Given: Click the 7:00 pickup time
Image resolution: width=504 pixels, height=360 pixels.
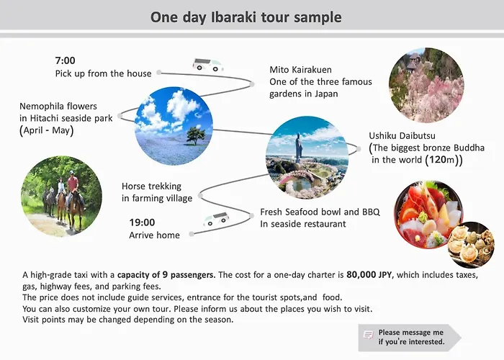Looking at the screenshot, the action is (66, 60).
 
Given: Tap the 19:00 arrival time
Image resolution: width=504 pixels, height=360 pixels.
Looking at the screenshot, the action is (142, 222).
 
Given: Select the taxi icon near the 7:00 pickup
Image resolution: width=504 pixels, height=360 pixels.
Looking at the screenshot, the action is (208, 65).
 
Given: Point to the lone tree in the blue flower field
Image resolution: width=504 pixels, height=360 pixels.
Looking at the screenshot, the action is (195, 135).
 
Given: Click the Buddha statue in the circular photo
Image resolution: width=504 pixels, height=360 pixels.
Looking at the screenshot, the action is (300, 148).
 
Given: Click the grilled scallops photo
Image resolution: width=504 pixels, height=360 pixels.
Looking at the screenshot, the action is (471, 245).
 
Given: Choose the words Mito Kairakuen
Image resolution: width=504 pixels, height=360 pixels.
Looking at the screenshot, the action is (300, 70).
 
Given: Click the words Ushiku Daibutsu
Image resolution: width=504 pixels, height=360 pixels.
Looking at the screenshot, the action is (402, 135).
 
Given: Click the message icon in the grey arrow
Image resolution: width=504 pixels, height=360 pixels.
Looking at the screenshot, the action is (369, 335).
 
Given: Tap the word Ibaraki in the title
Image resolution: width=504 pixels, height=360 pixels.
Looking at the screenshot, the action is (234, 17).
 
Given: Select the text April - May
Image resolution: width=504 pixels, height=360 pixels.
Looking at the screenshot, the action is (47, 130).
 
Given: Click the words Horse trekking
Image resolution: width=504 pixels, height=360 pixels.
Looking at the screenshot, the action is (151, 186).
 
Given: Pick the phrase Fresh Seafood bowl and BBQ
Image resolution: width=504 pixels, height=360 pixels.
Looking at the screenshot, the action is (320, 212).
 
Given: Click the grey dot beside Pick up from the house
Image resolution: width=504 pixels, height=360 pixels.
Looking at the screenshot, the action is (159, 73).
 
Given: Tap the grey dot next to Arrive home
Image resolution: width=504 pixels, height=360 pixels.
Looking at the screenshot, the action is (192, 234).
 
